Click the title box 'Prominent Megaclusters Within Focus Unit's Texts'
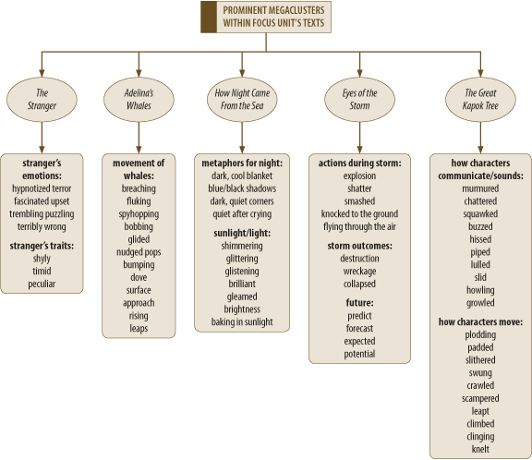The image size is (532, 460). point(266,17)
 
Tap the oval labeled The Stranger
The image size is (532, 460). point(42,100)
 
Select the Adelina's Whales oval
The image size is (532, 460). point(139,100)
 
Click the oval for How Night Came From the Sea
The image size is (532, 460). point(242,100)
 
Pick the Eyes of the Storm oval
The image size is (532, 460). point(359,100)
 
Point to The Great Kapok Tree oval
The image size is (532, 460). point(480,100)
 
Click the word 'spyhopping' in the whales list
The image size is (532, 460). point(139,214)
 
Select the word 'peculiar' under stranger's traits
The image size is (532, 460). point(42,284)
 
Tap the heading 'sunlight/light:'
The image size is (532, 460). point(242,233)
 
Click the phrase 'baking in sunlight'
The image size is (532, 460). point(242,322)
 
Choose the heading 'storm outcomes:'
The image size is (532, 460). point(359,246)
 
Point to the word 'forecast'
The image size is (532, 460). point(359,329)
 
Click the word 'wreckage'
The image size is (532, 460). point(359,272)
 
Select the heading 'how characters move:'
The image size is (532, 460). point(480,321)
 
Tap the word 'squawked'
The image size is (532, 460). point(480,214)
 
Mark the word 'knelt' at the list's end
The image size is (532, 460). point(480,449)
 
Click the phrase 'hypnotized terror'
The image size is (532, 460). point(42,188)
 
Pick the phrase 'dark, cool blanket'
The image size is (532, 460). point(242,176)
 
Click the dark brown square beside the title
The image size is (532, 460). point(209,17)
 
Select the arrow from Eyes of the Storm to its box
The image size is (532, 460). point(359,138)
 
